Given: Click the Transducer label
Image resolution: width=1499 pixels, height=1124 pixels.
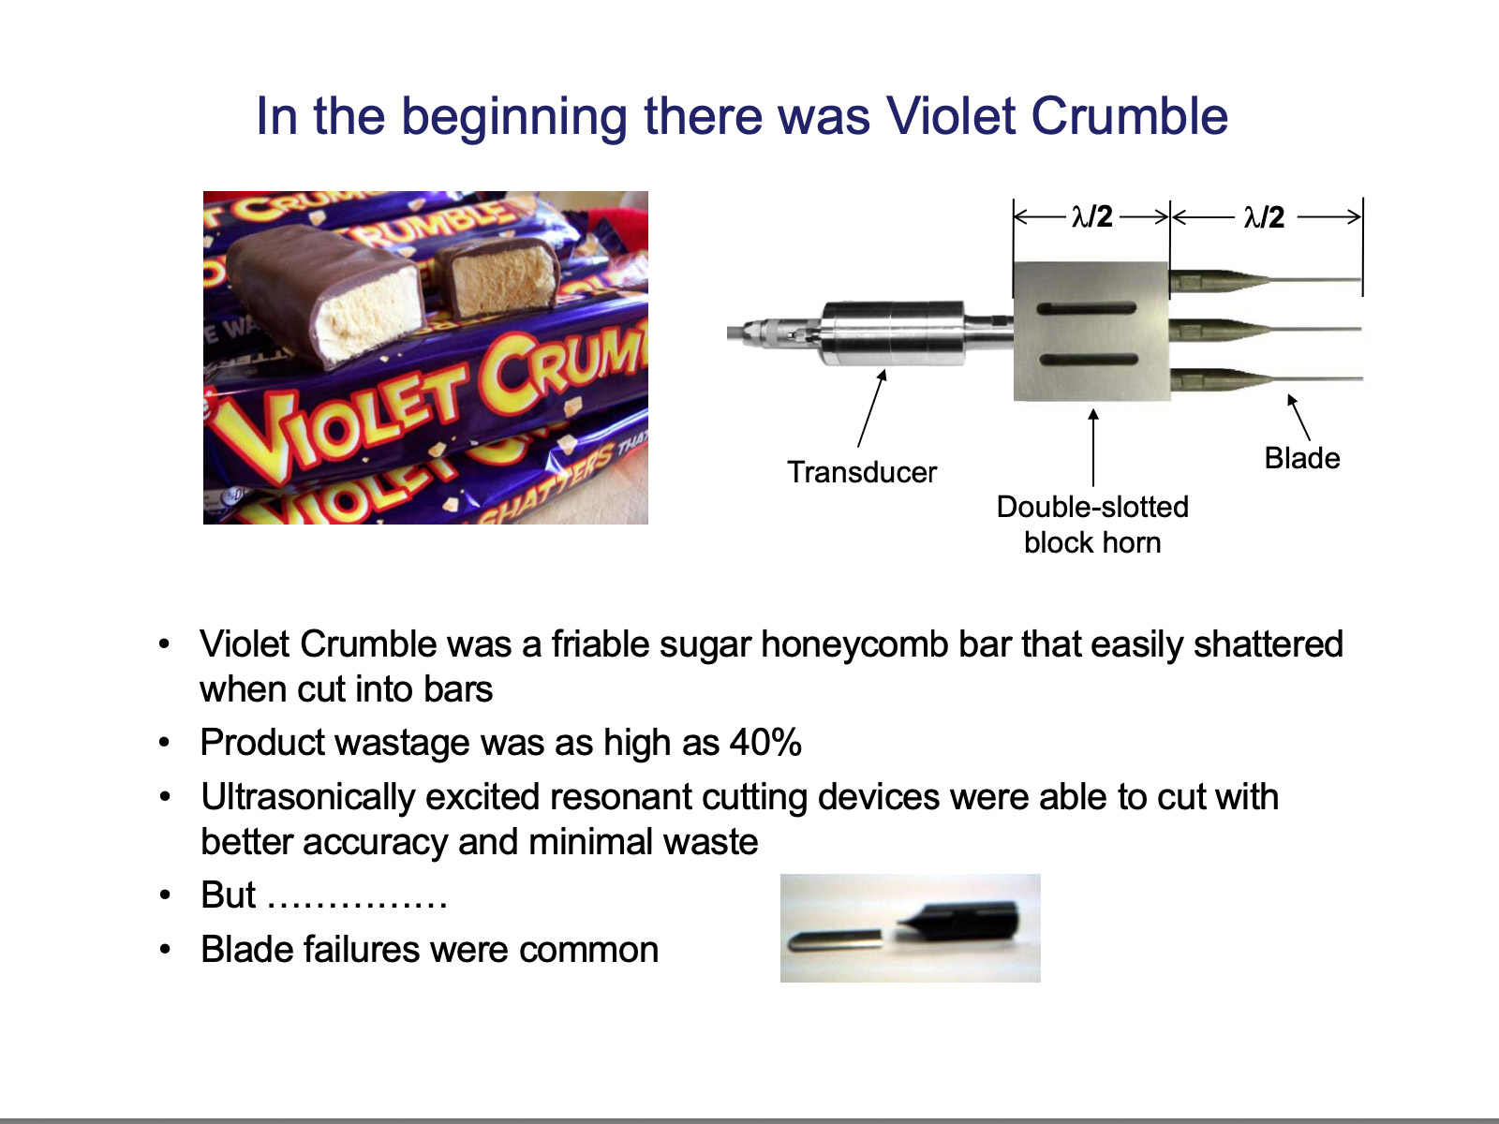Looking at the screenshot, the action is coord(862,472).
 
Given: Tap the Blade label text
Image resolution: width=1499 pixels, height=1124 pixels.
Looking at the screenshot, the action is coord(1301,458).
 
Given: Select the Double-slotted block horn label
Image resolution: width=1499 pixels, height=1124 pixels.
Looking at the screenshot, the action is coord(1092,525).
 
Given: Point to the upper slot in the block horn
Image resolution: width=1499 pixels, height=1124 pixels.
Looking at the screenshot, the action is coord(1086,308).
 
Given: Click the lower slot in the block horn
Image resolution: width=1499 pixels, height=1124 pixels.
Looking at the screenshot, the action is coord(1089,360).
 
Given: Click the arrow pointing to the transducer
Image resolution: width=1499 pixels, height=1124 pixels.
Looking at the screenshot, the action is coord(871,408).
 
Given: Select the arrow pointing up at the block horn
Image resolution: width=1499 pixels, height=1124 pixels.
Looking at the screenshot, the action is coord(1093,447).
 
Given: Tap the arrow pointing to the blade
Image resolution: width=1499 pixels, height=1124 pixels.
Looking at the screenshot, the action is coord(1299,417).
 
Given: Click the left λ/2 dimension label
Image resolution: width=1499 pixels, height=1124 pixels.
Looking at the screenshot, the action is coord(1092,217).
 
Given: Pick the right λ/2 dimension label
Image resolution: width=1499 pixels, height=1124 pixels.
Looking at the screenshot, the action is coord(1264,217).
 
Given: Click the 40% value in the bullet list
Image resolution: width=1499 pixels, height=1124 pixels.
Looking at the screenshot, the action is coord(765,742).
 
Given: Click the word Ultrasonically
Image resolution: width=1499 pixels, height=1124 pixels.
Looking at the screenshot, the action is coord(308,797).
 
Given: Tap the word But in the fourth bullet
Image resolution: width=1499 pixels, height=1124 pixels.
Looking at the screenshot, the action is coord(228,895).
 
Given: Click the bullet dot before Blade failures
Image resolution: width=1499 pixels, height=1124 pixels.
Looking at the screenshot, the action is coord(164,949).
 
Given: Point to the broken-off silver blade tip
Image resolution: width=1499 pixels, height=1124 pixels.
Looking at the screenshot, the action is coord(833,940).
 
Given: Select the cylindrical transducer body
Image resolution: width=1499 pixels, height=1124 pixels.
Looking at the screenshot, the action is coord(891,333).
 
